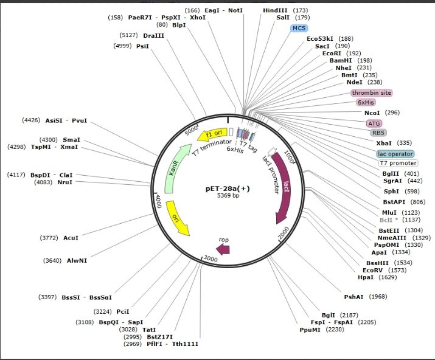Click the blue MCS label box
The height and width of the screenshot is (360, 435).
click(299, 28)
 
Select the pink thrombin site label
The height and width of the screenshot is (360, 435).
click(371, 93)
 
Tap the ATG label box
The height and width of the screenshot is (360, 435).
click(374, 123)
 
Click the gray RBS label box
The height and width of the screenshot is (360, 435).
click(378, 133)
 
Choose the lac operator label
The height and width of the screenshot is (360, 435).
click(395, 154)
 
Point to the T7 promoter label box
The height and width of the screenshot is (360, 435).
click(398, 163)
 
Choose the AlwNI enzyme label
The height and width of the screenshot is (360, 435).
click(77, 260)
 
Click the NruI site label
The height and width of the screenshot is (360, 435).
click(63, 182)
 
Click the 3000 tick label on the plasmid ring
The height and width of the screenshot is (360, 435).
click(211, 258)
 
